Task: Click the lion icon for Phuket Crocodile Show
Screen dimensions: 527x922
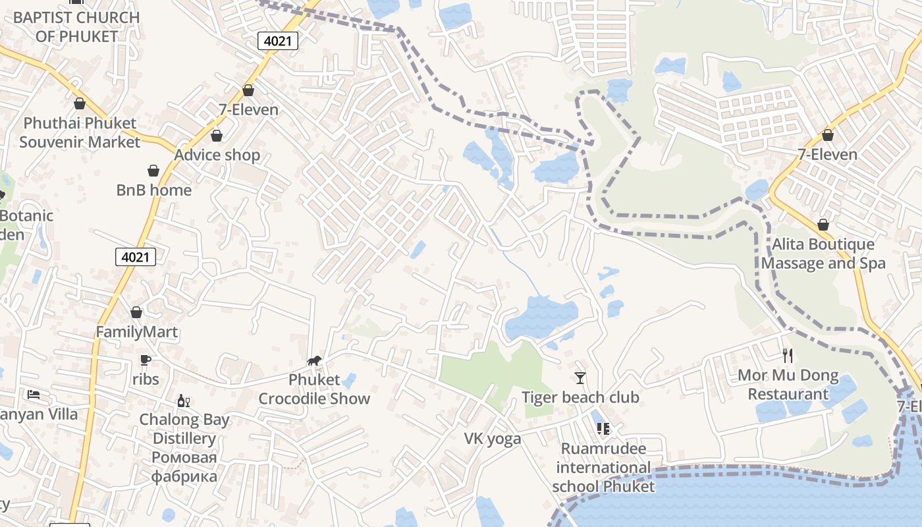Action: tap(315, 360)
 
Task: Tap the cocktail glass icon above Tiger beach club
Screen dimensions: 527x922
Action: tap(580, 377)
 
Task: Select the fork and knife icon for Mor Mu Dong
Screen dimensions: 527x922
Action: tap(788, 356)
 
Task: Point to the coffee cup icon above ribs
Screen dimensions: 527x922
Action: tap(146, 360)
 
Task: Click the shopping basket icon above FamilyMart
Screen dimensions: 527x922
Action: tap(136, 312)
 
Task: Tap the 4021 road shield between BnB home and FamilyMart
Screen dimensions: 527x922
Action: tap(136, 257)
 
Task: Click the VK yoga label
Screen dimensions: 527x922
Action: tap(493, 439)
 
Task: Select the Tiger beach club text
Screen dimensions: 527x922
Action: tap(580, 397)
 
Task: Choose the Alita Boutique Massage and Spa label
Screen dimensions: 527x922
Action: tap(823, 254)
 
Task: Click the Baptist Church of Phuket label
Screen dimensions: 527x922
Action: tap(76, 26)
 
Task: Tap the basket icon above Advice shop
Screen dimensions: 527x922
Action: tap(216, 136)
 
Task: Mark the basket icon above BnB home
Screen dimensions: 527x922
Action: tap(153, 171)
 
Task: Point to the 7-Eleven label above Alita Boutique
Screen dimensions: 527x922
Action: tap(827, 155)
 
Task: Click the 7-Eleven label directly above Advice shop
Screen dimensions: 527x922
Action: tap(248, 109)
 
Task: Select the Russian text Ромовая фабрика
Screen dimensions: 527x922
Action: tap(184, 466)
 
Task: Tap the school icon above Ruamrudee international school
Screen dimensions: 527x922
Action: tap(603, 429)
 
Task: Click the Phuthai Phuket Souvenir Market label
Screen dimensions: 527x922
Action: tap(80, 132)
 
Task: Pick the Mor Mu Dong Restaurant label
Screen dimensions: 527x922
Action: tap(788, 385)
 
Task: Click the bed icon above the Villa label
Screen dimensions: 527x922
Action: tap(34, 395)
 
